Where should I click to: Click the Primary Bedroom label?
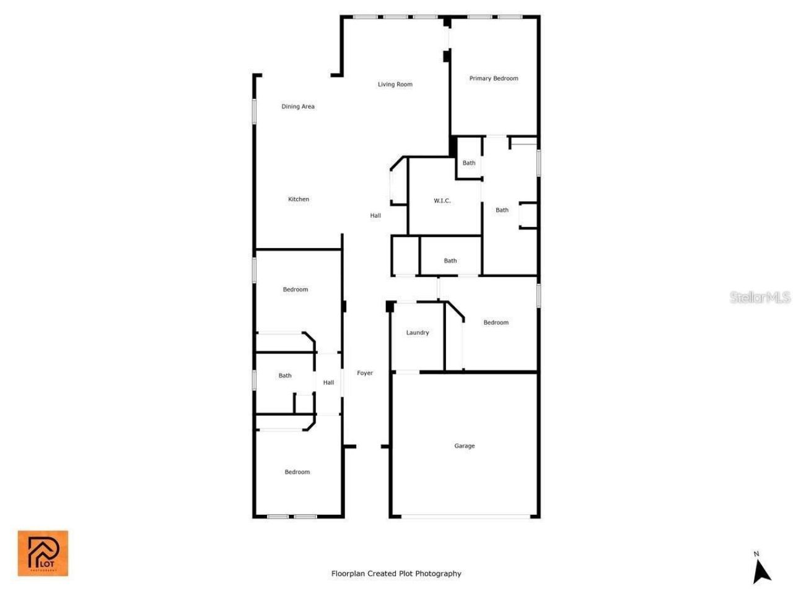pyautogui.click(x=493, y=79)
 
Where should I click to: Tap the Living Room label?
pyautogui.click(x=395, y=84)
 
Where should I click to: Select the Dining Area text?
pyautogui.click(x=298, y=106)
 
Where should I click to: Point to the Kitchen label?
pyautogui.click(x=299, y=199)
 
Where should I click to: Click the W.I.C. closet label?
pyautogui.click(x=442, y=201)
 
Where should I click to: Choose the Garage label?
pyautogui.click(x=465, y=445)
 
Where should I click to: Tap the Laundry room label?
pyautogui.click(x=417, y=333)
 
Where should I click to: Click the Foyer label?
pyautogui.click(x=365, y=373)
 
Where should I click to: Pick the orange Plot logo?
pyautogui.click(x=43, y=553)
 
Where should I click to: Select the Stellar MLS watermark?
pyautogui.click(x=760, y=298)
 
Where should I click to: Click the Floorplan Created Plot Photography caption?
pyautogui.click(x=396, y=574)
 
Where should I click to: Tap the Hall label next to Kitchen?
pyautogui.click(x=375, y=216)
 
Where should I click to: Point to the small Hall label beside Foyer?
pyautogui.click(x=328, y=382)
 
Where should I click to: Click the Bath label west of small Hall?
pyautogui.click(x=285, y=376)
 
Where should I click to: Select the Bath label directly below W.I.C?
pyautogui.click(x=450, y=261)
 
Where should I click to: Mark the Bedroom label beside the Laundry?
pyautogui.click(x=496, y=322)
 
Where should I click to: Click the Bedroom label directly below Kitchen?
pyautogui.click(x=296, y=290)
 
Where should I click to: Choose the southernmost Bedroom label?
pyautogui.click(x=297, y=472)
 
